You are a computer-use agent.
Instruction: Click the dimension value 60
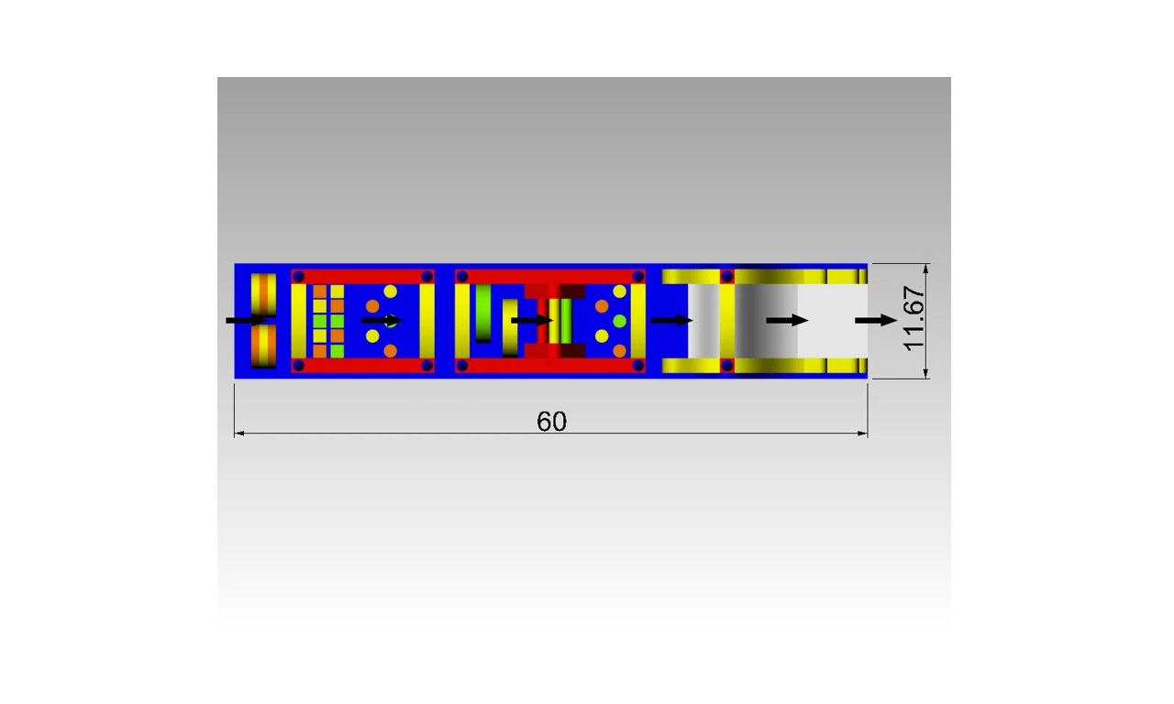coord(551,422)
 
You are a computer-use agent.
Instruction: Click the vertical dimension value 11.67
coord(914,318)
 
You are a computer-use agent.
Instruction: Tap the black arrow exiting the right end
coord(876,320)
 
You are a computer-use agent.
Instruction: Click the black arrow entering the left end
coord(247,320)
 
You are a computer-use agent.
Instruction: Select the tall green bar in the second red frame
coord(483,313)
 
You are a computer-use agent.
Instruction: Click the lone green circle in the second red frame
coord(619,321)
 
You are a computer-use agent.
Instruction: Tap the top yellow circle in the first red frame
coord(391,291)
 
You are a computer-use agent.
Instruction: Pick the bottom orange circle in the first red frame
coord(391,350)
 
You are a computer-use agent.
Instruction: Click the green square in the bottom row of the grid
coord(337,351)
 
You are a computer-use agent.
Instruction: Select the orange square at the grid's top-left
coord(320,291)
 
